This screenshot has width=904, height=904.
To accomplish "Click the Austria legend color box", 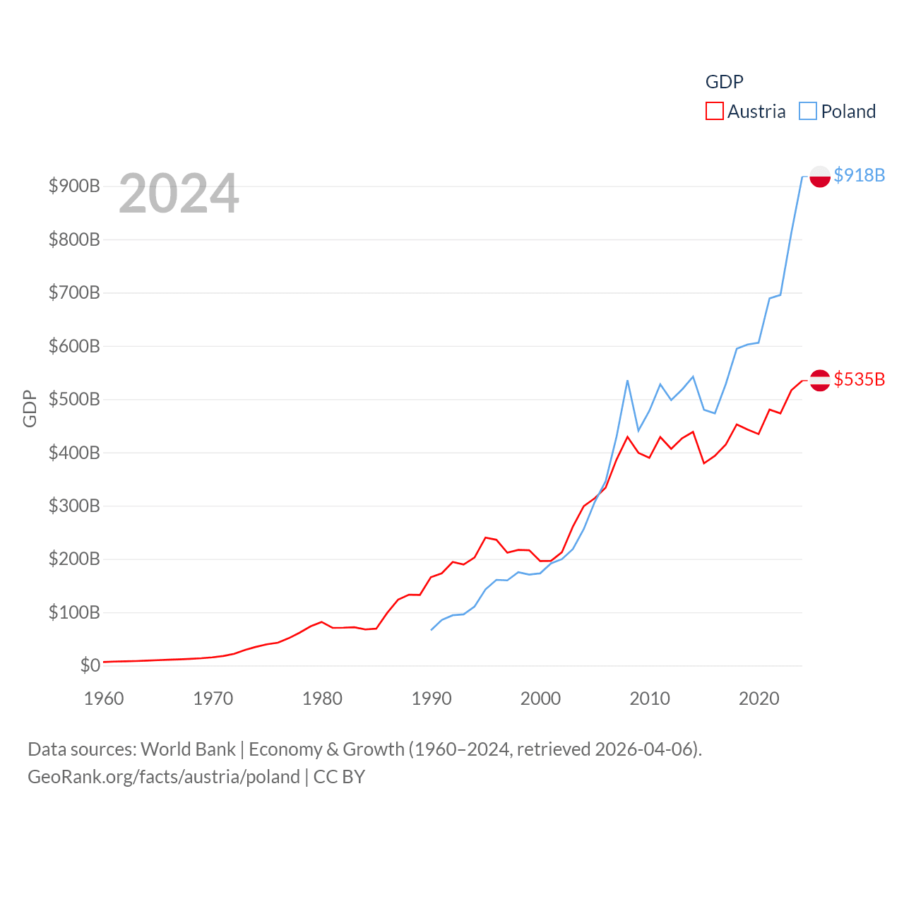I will (714, 112).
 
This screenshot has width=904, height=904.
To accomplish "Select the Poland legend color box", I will (808, 112).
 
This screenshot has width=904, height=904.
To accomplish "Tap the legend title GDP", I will (724, 82).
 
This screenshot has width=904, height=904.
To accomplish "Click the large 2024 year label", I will (179, 194).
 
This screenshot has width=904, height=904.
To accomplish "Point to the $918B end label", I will (859, 175).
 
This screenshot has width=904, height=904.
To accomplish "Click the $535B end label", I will (859, 379).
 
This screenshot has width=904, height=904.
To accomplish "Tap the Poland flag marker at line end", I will (819, 177).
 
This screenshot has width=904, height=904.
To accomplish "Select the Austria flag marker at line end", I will (819, 380).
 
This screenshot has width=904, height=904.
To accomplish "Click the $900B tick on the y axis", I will (74, 186).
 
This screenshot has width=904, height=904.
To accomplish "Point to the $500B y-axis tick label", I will (74, 399).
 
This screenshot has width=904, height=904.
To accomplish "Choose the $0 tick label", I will (90, 665).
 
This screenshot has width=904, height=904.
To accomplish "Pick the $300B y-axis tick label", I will (74, 506).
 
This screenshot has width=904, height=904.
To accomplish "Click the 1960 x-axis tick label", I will (104, 698).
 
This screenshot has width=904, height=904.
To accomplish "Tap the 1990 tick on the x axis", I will (431, 698).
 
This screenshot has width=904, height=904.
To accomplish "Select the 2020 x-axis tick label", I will (759, 698).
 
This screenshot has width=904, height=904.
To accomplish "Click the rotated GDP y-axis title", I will (30, 408).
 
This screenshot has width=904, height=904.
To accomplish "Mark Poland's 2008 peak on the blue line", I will (627, 381).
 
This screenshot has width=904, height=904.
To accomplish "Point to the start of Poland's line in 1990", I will (431, 630).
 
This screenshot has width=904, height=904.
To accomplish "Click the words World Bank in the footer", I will (188, 749).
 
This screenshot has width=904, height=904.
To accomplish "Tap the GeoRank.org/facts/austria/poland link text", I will (164, 777).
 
